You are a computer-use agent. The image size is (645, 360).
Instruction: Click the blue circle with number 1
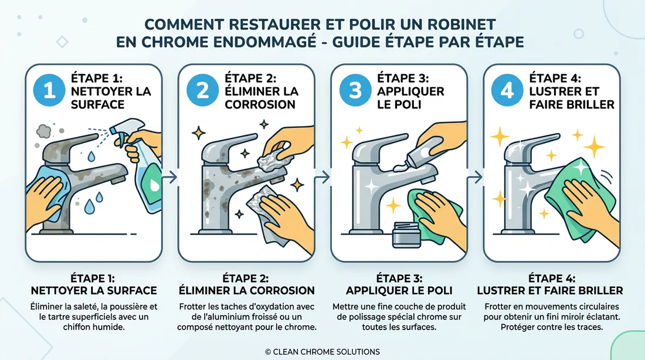point(49,90)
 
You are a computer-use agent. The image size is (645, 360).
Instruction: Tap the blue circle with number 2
point(202,90)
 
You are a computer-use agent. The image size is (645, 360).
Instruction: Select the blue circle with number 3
point(355,90)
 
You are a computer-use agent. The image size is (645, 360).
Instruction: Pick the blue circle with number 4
point(507,90)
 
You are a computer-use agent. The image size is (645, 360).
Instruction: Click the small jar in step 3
point(406,235)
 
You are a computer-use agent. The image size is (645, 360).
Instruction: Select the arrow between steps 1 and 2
point(170,177)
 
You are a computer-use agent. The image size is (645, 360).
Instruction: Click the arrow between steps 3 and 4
point(475,177)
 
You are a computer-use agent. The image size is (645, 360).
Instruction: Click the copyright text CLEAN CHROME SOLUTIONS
point(322,352)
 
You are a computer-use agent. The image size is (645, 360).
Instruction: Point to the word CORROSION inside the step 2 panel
point(260,104)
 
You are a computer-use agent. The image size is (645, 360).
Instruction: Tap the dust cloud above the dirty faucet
point(43,131)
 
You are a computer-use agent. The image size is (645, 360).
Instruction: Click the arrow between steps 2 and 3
point(322,177)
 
